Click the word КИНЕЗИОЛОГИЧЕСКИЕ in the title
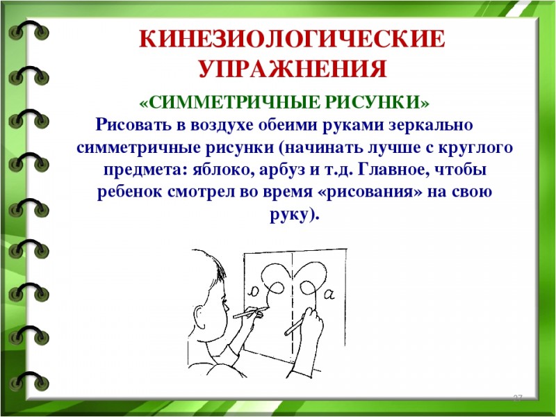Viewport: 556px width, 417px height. [x=292, y=39]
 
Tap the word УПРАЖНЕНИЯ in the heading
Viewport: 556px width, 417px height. [x=293, y=69]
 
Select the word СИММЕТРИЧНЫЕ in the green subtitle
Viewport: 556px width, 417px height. [x=230, y=103]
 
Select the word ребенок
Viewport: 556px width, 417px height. [x=129, y=193]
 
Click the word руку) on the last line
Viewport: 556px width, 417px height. [x=295, y=215]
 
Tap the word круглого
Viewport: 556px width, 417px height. [x=476, y=147]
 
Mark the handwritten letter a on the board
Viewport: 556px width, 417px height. [x=329, y=294]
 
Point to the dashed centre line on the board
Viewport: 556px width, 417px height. [x=293, y=304]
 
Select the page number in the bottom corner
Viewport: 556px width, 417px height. [x=518, y=398]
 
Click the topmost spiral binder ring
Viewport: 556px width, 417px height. [x=29, y=31]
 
